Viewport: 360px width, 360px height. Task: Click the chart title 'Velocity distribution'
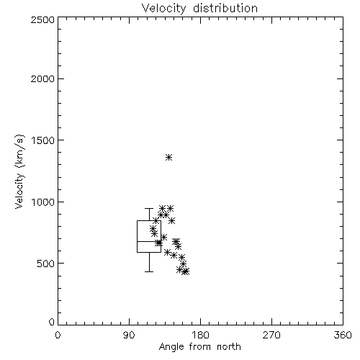pyautogui.click(x=199, y=9)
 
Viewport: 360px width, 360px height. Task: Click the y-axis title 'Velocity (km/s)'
pyautogui.click(x=19, y=171)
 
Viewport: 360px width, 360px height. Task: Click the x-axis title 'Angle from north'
pyautogui.click(x=199, y=347)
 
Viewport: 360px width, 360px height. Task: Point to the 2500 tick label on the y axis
pyautogui.click(x=42, y=19)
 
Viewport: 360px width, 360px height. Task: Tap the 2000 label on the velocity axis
pyautogui.click(x=42, y=78)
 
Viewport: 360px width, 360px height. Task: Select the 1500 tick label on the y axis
pyautogui.click(x=43, y=140)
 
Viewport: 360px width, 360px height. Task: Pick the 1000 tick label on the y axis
pyautogui.click(x=43, y=202)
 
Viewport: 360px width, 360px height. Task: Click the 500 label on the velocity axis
pyautogui.click(x=46, y=264)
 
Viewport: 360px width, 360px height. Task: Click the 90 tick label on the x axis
pyautogui.click(x=129, y=336)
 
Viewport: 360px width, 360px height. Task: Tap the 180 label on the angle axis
pyautogui.click(x=200, y=336)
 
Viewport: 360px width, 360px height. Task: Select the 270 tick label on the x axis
pyautogui.click(x=271, y=336)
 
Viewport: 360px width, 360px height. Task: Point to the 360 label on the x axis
pyautogui.click(x=343, y=336)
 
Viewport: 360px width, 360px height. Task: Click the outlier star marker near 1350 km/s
pyautogui.click(x=169, y=158)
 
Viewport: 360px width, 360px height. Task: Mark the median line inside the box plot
pyautogui.click(x=149, y=241)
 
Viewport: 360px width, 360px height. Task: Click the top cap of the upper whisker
pyautogui.click(x=149, y=209)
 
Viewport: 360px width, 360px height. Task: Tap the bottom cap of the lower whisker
pyautogui.click(x=149, y=271)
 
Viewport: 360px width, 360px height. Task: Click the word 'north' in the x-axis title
pyautogui.click(x=229, y=347)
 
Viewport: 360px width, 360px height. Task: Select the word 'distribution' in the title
pyautogui.click(x=225, y=8)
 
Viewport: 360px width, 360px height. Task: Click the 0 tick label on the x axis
pyautogui.click(x=58, y=336)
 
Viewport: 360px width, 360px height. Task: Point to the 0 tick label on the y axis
pyautogui.click(x=52, y=322)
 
